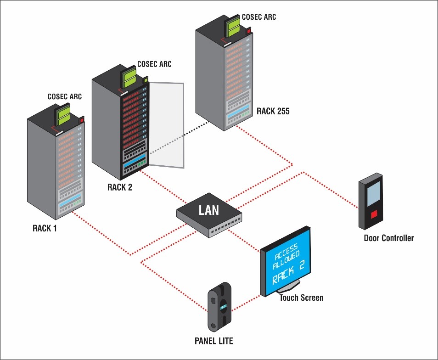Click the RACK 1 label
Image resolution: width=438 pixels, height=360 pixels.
pyautogui.click(x=45, y=228)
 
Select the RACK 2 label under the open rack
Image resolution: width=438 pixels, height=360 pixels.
pyautogui.click(x=119, y=187)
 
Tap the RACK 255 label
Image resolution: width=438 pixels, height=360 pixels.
pyautogui.click(x=273, y=111)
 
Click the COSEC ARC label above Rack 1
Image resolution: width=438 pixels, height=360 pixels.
pyautogui.click(x=65, y=96)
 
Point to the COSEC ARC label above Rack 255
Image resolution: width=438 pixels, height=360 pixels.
pyautogui.click(x=259, y=17)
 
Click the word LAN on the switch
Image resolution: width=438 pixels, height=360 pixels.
pyautogui.click(x=208, y=211)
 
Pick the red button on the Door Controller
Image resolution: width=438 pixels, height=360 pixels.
pyautogui.click(x=375, y=214)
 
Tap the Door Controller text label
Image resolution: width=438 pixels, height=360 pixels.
pyautogui.click(x=388, y=238)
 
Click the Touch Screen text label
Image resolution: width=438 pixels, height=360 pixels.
pyautogui.click(x=301, y=298)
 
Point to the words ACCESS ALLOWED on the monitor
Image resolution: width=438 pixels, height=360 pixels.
pyautogui.click(x=286, y=255)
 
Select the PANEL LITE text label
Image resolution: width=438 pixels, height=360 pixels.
pyautogui.click(x=214, y=341)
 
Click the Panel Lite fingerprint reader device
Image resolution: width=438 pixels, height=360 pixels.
pyautogui.click(x=220, y=307)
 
